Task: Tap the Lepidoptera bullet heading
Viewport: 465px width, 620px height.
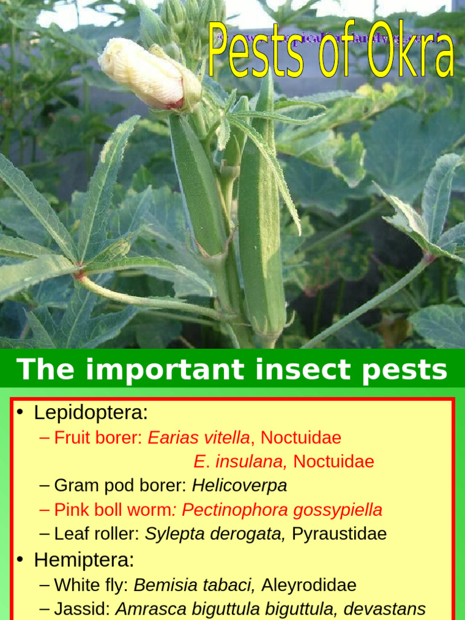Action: click(91, 413)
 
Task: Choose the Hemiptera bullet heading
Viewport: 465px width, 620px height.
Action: click(84, 560)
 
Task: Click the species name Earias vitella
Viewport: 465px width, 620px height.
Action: click(199, 437)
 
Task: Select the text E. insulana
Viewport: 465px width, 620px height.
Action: click(239, 461)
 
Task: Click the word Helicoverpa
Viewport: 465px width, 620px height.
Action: click(239, 486)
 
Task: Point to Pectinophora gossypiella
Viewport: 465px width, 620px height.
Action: click(282, 510)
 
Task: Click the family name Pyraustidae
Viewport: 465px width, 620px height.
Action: click(339, 534)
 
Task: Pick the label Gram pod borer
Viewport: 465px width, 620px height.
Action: click(120, 486)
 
